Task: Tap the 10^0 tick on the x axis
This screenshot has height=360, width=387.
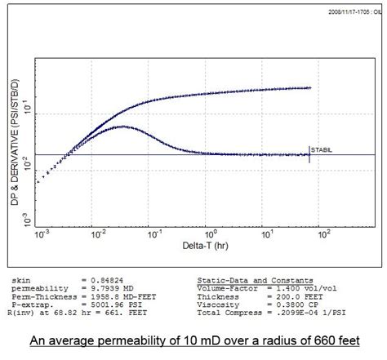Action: click(207, 238)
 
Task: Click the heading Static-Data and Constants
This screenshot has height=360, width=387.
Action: click(254, 279)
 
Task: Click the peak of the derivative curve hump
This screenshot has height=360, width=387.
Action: click(121, 127)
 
